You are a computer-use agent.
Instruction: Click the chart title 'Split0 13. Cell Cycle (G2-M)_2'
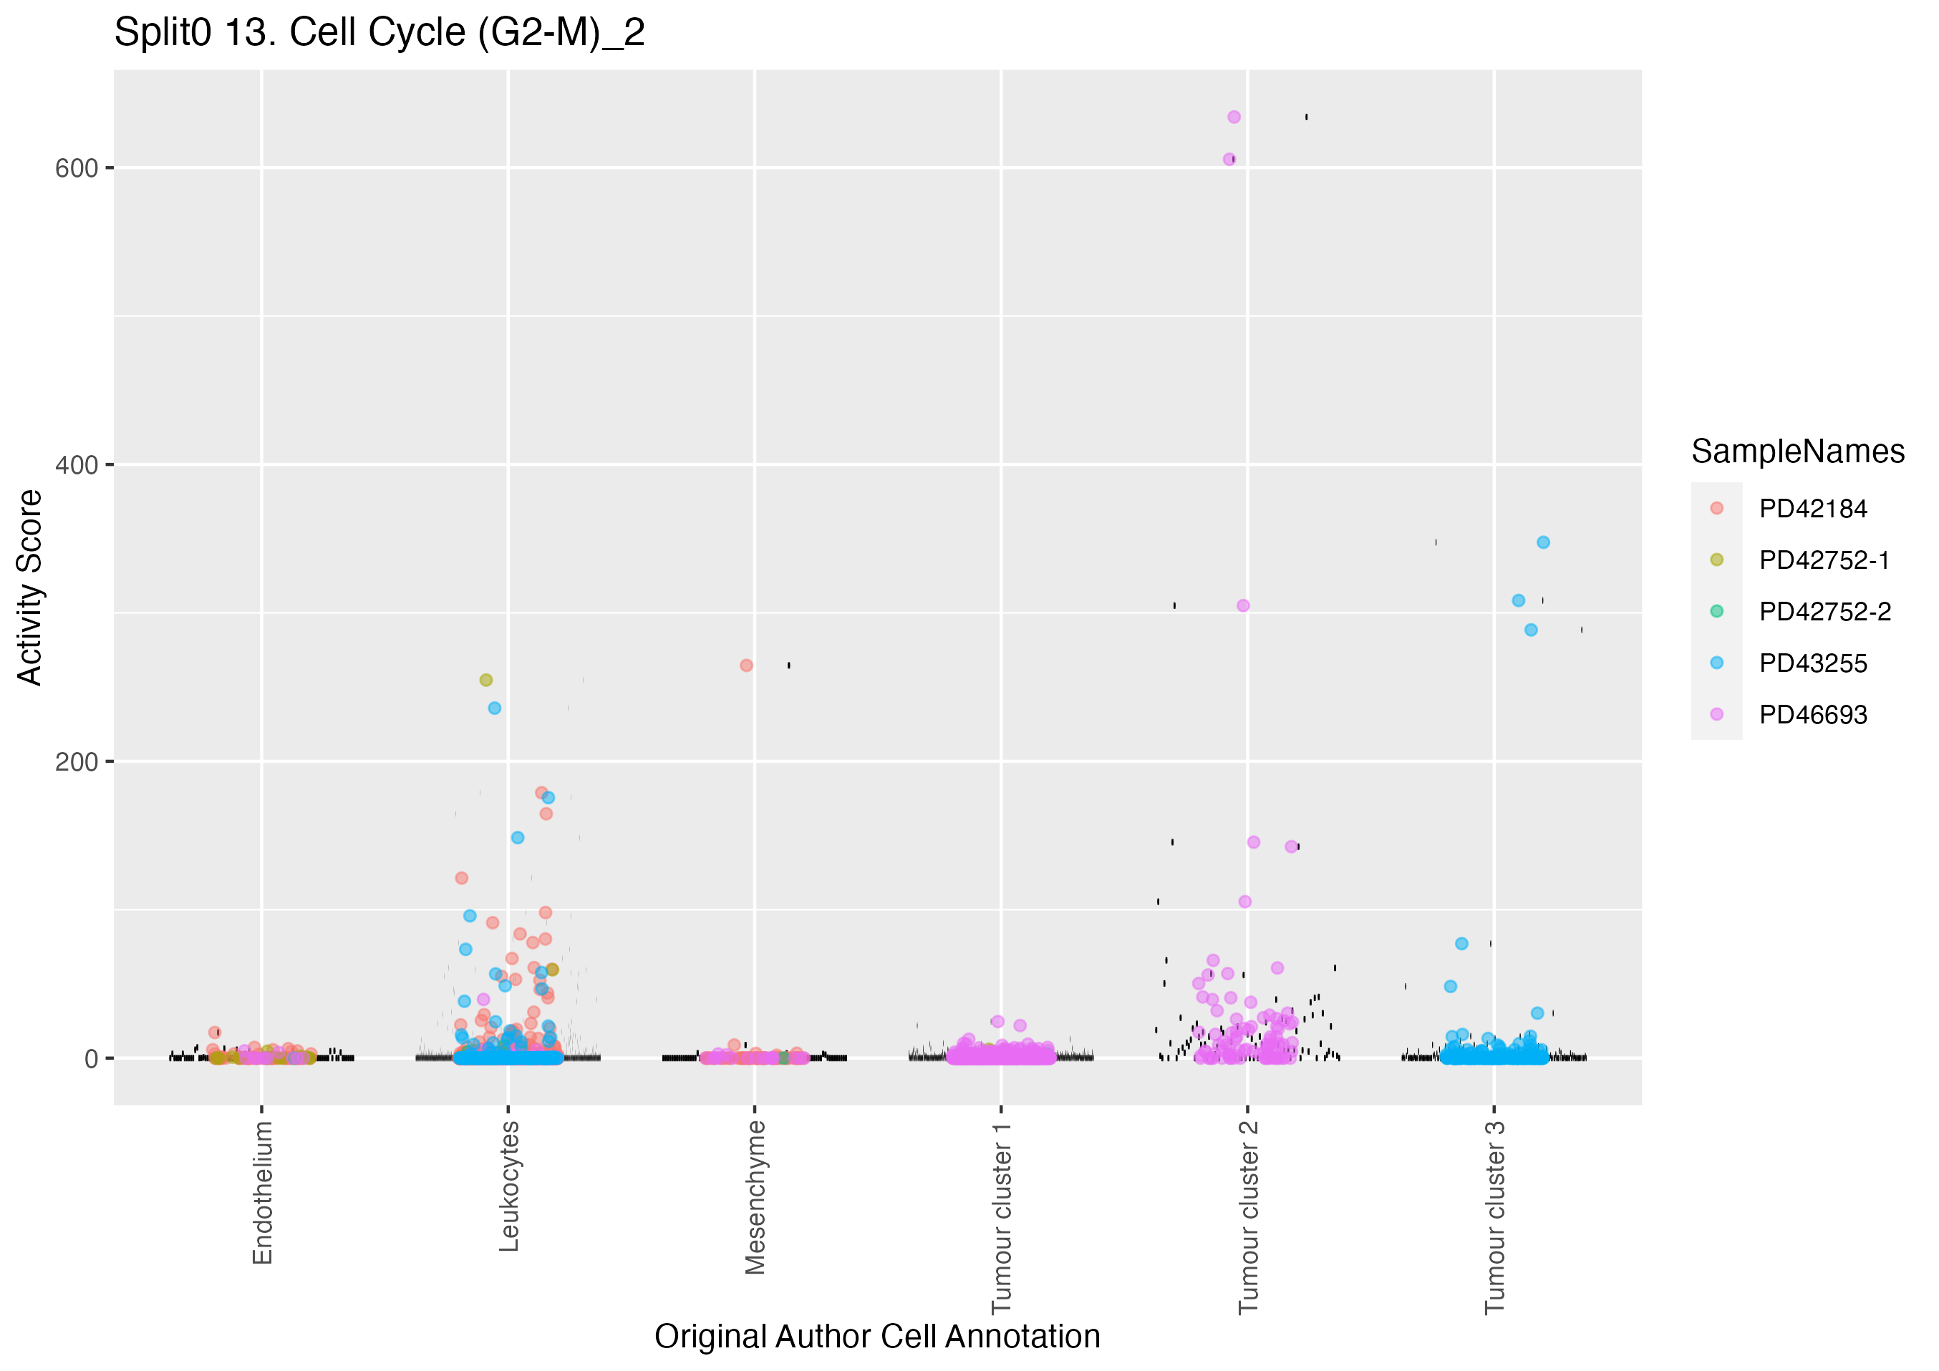tap(379, 33)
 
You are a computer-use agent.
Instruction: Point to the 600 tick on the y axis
tap(77, 168)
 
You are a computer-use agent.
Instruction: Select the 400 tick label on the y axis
tap(77, 464)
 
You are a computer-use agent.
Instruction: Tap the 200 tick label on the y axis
tap(77, 761)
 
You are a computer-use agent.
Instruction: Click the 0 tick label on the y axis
tap(91, 1058)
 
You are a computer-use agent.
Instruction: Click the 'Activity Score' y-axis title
tap(30, 587)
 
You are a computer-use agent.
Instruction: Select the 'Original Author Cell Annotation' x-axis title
tap(876, 1337)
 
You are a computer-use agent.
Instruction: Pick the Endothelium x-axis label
tap(263, 1192)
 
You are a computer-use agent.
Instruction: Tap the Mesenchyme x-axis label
tap(755, 1197)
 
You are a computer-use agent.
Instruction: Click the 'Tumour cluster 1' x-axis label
tap(1001, 1217)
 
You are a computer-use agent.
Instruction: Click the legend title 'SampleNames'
tap(1797, 452)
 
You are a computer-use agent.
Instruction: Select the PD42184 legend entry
tap(1812, 508)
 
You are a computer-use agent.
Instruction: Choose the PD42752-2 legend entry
tap(1824, 611)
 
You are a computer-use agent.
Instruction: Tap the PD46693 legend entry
tap(1812, 714)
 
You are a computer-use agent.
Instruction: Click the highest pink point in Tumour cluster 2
tap(1234, 117)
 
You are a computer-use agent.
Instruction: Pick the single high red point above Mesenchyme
tap(747, 665)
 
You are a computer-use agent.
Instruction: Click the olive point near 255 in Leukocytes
tap(485, 680)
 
